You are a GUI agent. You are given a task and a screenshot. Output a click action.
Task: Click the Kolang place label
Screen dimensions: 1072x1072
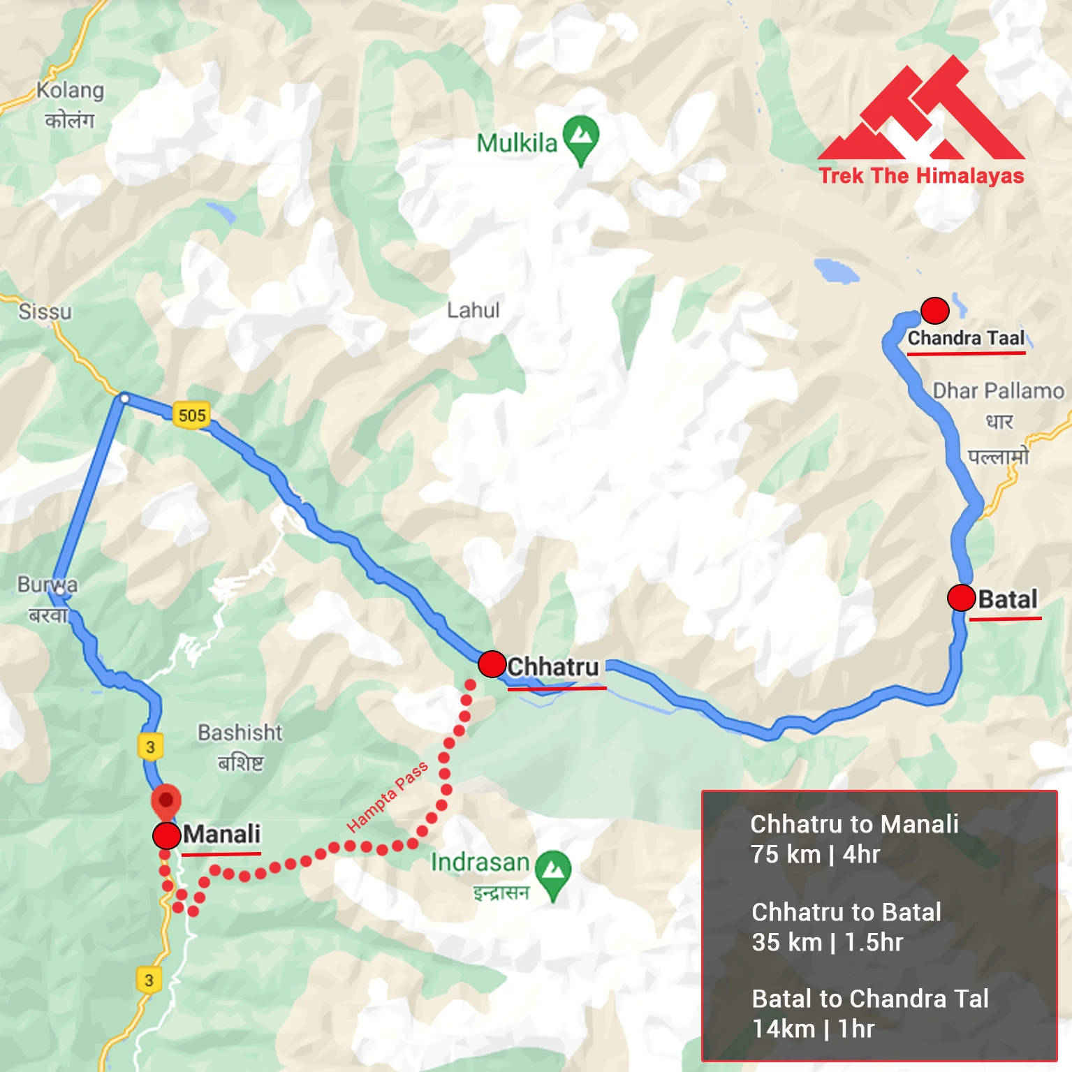click(70, 91)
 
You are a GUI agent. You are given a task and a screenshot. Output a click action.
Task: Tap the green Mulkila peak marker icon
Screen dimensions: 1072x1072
click(581, 136)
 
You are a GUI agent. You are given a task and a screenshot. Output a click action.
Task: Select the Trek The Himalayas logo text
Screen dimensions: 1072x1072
click(921, 176)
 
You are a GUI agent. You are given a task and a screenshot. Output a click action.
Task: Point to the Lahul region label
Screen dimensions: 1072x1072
click(473, 310)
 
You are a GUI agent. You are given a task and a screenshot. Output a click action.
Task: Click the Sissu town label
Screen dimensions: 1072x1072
click(45, 311)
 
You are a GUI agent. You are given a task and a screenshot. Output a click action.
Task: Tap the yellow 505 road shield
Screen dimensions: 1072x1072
click(192, 416)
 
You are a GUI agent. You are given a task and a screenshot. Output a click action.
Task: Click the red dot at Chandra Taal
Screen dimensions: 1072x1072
click(934, 310)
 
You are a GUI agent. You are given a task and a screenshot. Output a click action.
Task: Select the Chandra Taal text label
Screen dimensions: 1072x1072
click(966, 338)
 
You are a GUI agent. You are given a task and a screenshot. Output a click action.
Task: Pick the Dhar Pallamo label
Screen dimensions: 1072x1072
click(998, 391)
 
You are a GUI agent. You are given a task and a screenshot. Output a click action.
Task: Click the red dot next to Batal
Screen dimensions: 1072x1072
click(961, 598)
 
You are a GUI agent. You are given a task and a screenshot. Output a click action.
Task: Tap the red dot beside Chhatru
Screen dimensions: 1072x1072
click(492, 664)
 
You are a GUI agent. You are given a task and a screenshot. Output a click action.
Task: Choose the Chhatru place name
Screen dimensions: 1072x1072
click(553, 667)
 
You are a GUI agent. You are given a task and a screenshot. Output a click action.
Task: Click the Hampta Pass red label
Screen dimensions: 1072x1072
click(387, 797)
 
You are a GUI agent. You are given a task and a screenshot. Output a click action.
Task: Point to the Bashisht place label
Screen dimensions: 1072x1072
click(240, 733)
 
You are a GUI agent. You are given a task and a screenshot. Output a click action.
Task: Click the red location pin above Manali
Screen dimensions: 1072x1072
click(166, 800)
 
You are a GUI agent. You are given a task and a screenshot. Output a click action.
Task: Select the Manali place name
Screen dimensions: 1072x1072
click(221, 834)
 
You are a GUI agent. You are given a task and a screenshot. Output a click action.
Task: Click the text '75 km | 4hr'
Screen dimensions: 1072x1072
click(815, 854)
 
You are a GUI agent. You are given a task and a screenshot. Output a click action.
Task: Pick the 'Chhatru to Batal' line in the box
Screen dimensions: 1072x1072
click(846, 912)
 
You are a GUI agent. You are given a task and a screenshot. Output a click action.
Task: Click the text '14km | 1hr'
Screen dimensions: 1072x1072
click(813, 1029)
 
